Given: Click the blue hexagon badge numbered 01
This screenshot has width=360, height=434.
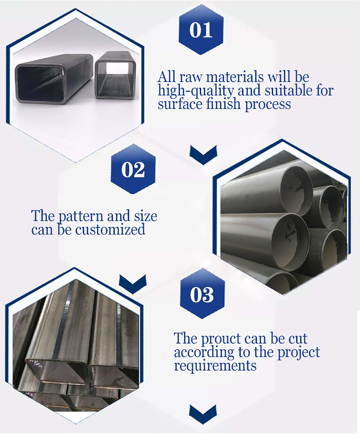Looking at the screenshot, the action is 201,29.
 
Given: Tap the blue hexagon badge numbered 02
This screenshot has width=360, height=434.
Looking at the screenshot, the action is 133,169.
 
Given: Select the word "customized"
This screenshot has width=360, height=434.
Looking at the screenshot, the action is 110,230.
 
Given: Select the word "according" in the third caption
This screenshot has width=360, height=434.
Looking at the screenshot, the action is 204,353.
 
